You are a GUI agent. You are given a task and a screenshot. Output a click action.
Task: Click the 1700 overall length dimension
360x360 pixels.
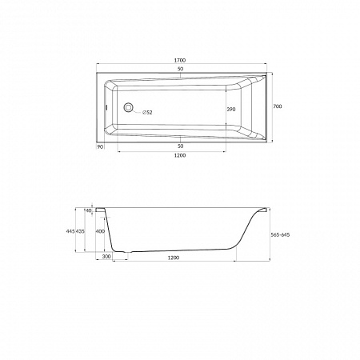(180, 61)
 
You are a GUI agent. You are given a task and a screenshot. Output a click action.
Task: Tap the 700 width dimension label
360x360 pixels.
(278, 106)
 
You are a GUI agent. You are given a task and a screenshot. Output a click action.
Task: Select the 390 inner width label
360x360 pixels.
(231, 110)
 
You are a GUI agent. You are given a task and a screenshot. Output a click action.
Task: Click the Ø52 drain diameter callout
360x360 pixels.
(147, 113)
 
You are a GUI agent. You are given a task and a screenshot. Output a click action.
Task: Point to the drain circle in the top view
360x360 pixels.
(129, 107)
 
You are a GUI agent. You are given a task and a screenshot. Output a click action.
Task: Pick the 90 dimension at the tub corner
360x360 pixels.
(100, 146)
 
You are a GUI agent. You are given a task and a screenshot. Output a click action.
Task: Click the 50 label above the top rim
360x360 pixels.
(181, 69)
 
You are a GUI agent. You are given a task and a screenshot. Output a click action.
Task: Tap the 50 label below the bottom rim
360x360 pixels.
(181, 146)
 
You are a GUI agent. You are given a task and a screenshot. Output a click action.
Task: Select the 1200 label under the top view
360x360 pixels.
(180, 155)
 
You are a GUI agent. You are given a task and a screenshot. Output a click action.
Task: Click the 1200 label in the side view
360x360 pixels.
(174, 258)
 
